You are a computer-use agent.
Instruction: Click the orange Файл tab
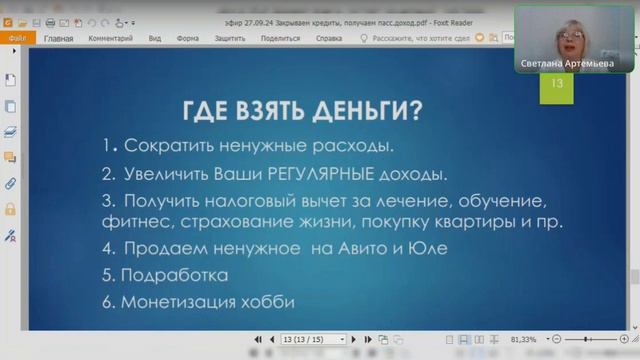pyautogui.click(x=17, y=39)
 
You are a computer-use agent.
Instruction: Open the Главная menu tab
pyautogui.click(x=59, y=39)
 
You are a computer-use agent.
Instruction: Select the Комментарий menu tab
pyautogui.click(x=110, y=39)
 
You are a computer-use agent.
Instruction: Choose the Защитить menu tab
pyautogui.click(x=229, y=39)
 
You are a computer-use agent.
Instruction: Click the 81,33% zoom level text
pyautogui.click(x=522, y=339)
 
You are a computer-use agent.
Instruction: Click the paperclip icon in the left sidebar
pyautogui.click(x=11, y=184)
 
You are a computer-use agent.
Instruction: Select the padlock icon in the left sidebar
pyautogui.click(x=11, y=210)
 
